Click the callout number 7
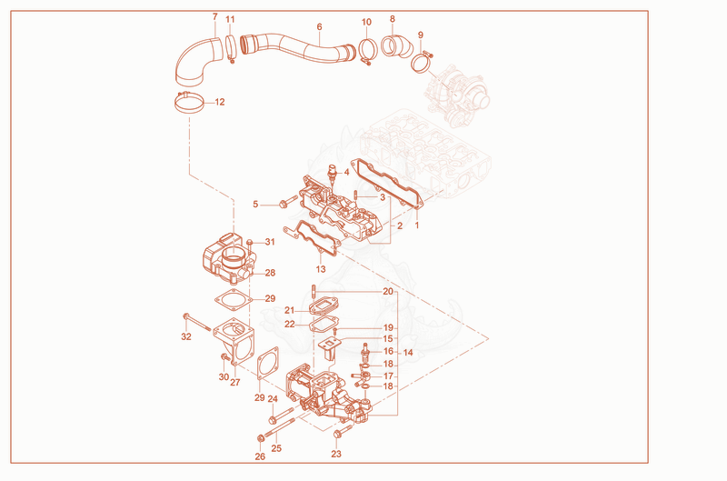click(x=214, y=16)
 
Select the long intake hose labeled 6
click(x=297, y=47)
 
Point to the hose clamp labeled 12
click(x=189, y=103)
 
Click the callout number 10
click(x=366, y=22)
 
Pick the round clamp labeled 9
click(x=422, y=63)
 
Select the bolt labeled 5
click(x=288, y=202)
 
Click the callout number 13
click(x=321, y=269)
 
